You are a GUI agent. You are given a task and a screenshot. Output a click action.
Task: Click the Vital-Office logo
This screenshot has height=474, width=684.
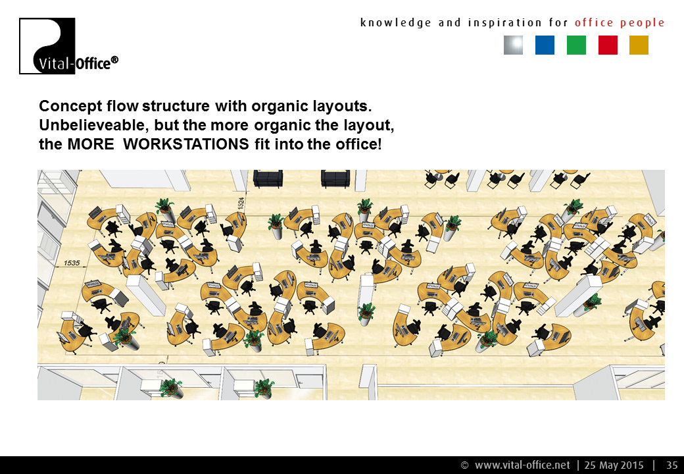[68, 46]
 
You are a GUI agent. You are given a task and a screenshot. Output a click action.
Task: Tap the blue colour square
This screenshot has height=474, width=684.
[545, 45]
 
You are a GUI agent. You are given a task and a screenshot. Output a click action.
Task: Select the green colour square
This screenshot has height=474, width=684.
[576, 45]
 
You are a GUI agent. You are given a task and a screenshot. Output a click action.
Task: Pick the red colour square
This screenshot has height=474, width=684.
[608, 45]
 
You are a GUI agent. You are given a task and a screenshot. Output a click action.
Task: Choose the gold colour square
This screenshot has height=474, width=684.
[639, 45]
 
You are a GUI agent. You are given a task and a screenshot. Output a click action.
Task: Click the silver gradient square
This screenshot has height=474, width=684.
[513, 45]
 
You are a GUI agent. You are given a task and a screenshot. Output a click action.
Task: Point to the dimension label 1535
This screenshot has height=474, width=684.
[72, 263]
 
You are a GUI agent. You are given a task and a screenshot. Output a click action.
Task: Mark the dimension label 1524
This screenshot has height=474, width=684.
[241, 203]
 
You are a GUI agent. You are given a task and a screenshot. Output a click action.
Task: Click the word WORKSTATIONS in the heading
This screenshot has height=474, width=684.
[186, 144]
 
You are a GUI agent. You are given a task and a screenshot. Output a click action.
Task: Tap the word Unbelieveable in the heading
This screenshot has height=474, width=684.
[94, 125]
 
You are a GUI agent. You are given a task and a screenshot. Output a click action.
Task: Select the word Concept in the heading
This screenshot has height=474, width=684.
[70, 107]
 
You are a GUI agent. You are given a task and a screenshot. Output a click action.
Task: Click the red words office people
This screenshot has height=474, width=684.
[620, 22]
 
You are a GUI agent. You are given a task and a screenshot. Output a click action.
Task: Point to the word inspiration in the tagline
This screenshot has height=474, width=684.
[504, 22]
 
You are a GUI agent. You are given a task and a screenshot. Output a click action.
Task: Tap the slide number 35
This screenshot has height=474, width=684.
[672, 465]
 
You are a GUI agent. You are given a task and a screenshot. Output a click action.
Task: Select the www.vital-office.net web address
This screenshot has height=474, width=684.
[522, 465]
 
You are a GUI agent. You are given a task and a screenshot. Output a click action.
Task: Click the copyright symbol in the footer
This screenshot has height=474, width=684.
[464, 465]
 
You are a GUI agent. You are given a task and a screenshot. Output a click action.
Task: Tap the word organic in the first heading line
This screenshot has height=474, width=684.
[280, 107]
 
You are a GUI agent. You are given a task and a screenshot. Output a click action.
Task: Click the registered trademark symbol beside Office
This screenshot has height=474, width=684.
[114, 60]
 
